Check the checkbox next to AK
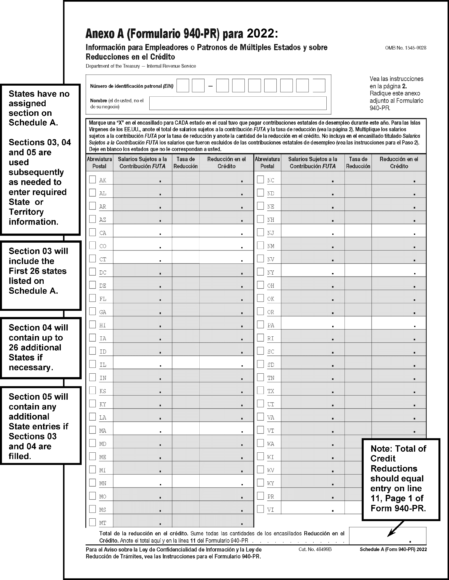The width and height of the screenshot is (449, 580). [x=92, y=180]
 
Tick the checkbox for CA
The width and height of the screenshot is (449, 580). [x=92, y=232]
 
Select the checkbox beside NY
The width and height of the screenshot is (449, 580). [x=261, y=272]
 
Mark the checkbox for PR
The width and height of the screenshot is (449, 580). [x=261, y=496]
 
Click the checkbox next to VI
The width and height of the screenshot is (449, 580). [x=261, y=509]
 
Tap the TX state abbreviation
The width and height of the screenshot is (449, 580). [x=271, y=391]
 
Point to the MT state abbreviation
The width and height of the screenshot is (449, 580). [x=103, y=523]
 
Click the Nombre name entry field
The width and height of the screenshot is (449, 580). [x=238, y=103]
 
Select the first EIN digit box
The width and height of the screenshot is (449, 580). [x=183, y=86]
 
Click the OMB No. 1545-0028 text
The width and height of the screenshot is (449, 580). [x=406, y=48]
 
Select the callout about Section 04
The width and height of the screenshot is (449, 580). [x=40, y=348]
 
